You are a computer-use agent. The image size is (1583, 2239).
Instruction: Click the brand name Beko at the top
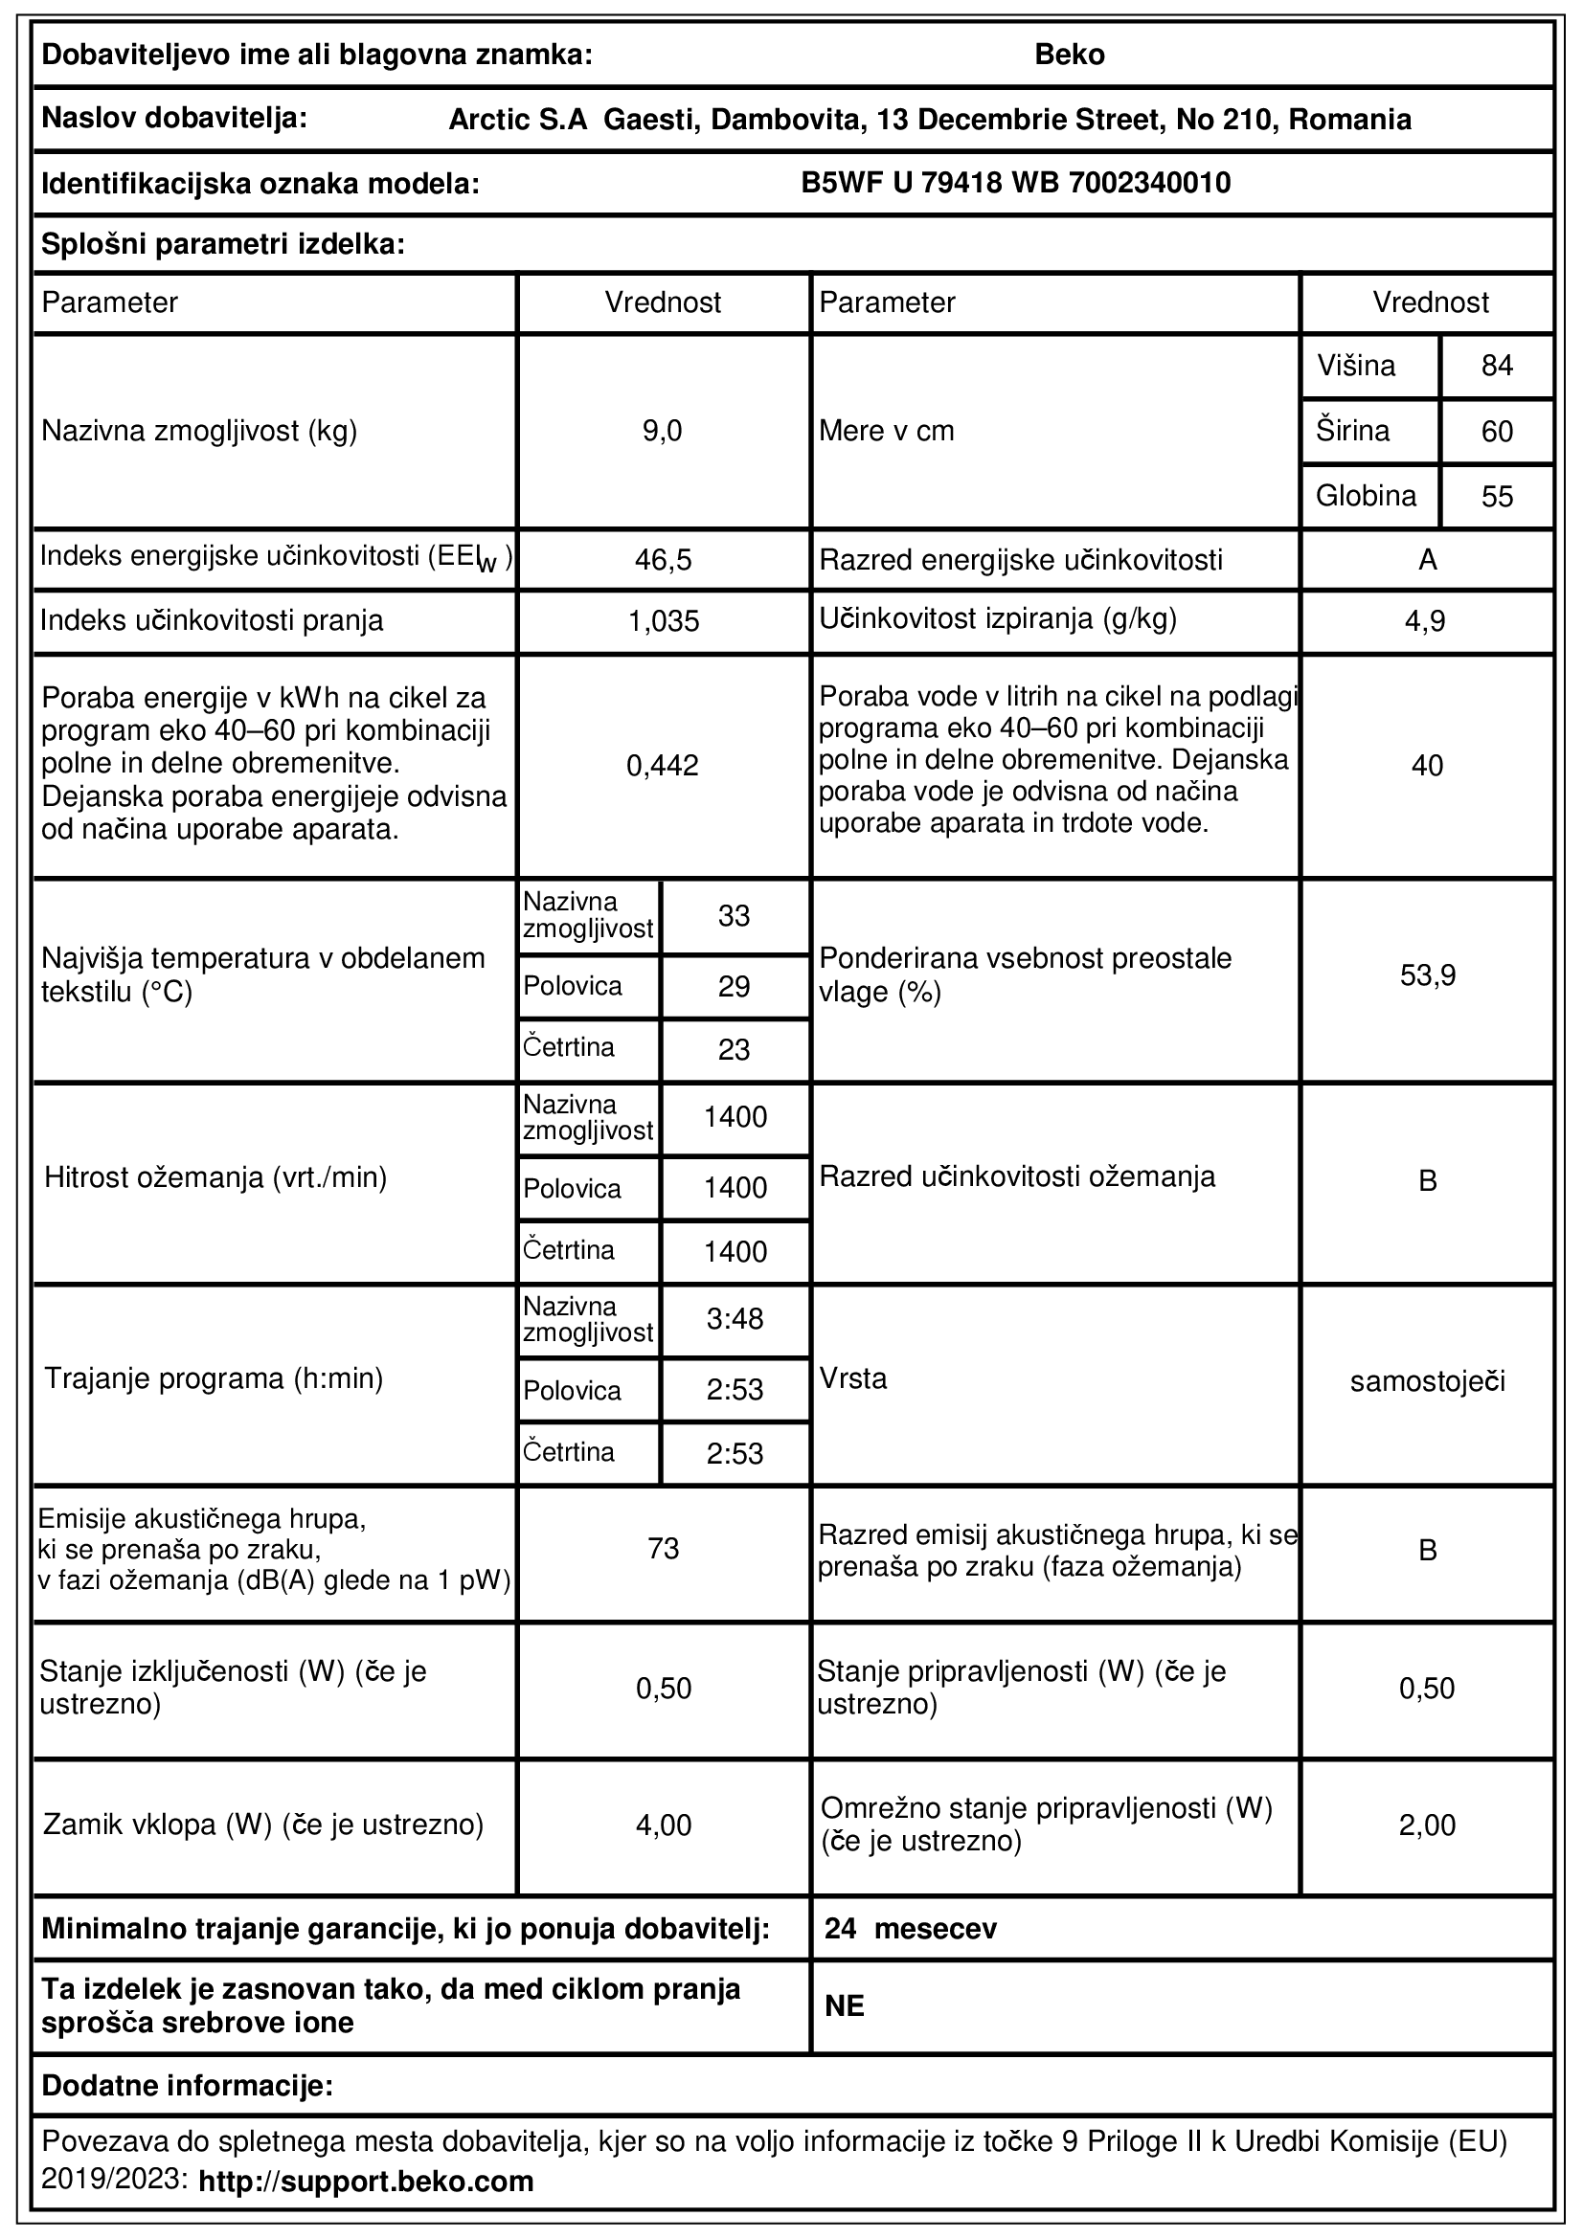[x=1069, y=55]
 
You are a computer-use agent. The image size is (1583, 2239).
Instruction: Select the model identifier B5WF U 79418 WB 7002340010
[x=1015, y=184]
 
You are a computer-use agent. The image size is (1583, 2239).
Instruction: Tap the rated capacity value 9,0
[x=663, y=431]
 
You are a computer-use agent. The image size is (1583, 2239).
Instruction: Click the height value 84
[x=1496, y=366]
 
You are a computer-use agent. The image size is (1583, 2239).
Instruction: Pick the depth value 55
[x=1496, y=497]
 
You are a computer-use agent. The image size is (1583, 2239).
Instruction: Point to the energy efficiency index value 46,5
[x=664, y=560]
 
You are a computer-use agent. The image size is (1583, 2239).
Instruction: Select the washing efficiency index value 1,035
[x=664, y=621]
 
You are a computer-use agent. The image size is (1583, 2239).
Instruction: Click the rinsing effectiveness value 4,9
[x=1426, y=621]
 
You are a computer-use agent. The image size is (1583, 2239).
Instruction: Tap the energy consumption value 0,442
[x=664, y=766]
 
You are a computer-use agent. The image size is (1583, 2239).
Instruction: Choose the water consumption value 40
[x=1426, y=766]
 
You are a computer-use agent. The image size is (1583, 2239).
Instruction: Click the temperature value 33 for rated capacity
[x=734, y=916]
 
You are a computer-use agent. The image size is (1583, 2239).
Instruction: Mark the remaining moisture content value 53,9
[x=1427, y=975]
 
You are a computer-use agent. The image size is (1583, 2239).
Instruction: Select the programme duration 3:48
[x=735, y=1319]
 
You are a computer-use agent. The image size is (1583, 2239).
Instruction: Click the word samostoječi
[x=1427, y=1381]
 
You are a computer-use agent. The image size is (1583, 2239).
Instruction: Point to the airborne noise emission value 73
[x=664, y=1549]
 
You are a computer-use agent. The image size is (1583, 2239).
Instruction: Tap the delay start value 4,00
[x=664, y=1825]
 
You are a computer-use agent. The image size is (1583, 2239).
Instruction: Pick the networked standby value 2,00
[x=1427, y=1825]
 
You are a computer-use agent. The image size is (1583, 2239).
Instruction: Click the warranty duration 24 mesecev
[x=910, y=1929]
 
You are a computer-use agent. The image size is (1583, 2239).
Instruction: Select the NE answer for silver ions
[x=845, y=2005]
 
